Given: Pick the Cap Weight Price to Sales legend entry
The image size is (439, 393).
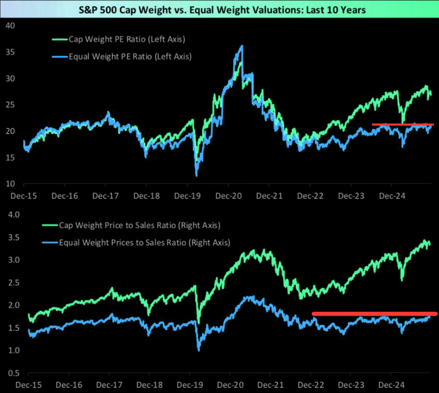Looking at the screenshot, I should coord(140,225).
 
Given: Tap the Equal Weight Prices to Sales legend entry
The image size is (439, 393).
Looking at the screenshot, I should coord(144,242).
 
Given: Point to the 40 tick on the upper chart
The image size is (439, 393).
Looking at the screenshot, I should coord(11,26).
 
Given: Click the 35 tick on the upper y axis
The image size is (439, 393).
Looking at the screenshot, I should coord(11,52).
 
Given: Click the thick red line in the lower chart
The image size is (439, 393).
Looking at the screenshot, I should coord(374,314).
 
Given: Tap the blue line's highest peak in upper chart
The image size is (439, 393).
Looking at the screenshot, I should coord(242,46).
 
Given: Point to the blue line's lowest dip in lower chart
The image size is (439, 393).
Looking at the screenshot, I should coord(199,350).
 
